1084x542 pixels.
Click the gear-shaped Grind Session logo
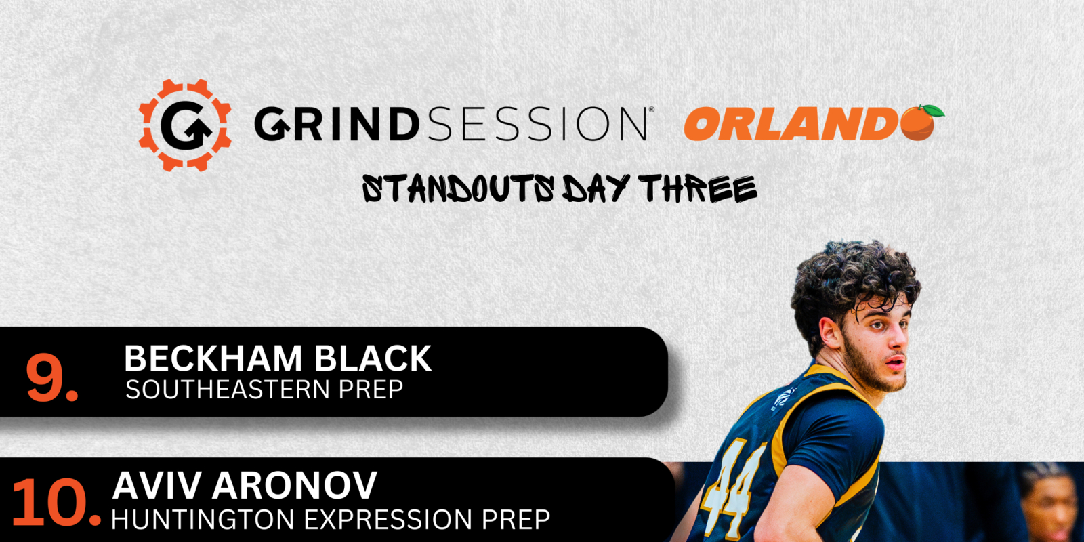185,125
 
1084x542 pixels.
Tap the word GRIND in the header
335,124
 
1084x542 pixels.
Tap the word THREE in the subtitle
698,189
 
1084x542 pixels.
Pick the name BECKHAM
213,358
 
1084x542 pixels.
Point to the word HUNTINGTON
203,520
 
